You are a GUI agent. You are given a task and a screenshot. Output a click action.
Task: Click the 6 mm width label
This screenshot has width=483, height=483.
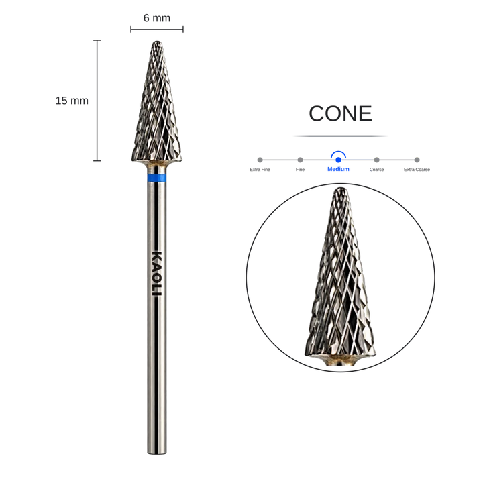tap(157, 18)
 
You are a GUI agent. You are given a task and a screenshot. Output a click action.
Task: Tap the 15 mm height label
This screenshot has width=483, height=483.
tap(72, 101)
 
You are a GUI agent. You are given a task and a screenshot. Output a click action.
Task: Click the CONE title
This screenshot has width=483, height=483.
tap(340, 113)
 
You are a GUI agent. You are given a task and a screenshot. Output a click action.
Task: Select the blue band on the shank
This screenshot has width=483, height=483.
tap(157, 178)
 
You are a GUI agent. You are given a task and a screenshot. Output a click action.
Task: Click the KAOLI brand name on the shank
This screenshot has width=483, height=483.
tap(157, 274)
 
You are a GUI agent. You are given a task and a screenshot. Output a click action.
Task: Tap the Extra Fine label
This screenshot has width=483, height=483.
tap(260, 170)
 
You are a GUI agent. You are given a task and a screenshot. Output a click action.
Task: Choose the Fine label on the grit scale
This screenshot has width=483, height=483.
tap(300, 170)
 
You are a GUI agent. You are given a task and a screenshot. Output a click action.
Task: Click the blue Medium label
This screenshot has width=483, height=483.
tap(338, 169)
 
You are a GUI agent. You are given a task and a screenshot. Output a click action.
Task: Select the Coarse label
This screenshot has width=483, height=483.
tap(376, 170)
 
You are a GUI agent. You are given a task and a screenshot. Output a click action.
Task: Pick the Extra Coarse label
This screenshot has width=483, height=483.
tap(417, 170)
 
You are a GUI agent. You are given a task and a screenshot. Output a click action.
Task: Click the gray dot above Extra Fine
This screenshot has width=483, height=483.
tap(260, 160)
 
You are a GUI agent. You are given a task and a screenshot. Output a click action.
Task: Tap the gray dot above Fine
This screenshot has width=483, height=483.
tap(300, 160)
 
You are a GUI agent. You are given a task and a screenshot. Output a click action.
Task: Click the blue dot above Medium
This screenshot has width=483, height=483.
tap(338, 160)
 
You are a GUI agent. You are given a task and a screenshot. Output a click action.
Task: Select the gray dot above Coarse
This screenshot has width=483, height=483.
tap(376, 160)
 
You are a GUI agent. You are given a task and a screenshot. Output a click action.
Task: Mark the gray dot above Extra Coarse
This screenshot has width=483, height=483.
tap(417, 160)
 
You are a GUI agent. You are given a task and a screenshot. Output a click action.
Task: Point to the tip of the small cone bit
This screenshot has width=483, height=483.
tap(158, 42)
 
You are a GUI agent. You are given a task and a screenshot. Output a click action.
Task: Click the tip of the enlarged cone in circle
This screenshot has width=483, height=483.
tap(339, 188)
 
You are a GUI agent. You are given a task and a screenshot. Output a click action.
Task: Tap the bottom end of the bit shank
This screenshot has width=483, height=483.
tap(157, 453)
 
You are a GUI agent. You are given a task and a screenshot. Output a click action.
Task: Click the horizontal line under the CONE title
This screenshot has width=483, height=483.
tap(340, 136)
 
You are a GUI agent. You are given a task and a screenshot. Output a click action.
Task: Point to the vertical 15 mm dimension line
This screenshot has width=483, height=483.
tap(97, 101)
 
